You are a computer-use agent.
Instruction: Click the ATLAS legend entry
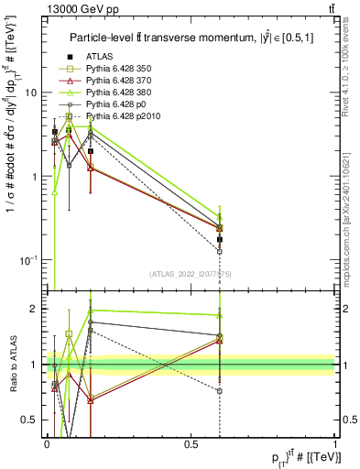click(x=98, y=58)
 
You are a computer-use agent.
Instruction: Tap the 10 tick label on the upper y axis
click(x=31, y=93)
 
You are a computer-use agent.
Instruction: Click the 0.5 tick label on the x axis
click(x=191, y=443)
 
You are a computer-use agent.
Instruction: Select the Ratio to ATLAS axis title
click(x=12, y=365)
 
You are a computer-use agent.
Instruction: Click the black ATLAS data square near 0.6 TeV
click(x=220, y=240)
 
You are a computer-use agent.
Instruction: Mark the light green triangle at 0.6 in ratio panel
click(x=220, y=315)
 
